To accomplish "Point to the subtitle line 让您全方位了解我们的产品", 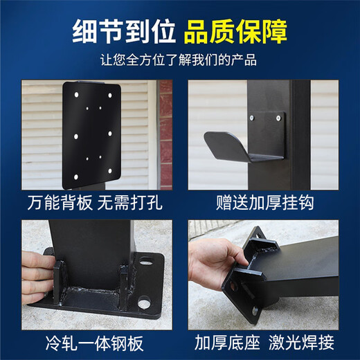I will click(x=180, y=60).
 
